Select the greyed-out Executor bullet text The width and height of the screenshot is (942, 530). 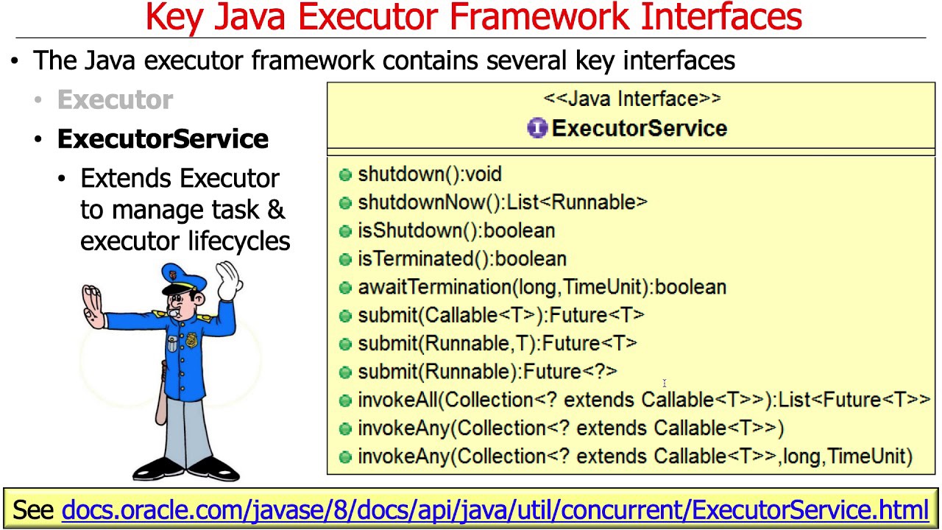(115, 100)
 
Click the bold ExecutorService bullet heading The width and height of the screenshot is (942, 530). (163, 139)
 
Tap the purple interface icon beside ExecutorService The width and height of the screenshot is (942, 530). (537, 128)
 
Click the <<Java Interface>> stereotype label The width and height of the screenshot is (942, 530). (631, 99)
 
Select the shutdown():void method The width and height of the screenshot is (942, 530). (429, 174)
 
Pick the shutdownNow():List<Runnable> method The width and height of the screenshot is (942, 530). (502, 202)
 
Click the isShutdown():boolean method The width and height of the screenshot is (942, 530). (456, 230)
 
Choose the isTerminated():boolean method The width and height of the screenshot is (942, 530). (461, 259)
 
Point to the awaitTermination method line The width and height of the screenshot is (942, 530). (542, 287)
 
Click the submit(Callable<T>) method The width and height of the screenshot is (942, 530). (500, 315)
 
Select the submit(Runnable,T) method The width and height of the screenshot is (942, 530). (497, 344)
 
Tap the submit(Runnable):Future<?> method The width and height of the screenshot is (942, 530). (487, 372)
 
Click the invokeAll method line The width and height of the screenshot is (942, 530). (643, 400)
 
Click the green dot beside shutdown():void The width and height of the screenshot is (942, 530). (345, 174)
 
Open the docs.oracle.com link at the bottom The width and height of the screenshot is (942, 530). (495, 509)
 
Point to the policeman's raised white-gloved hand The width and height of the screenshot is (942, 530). (229, 280)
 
